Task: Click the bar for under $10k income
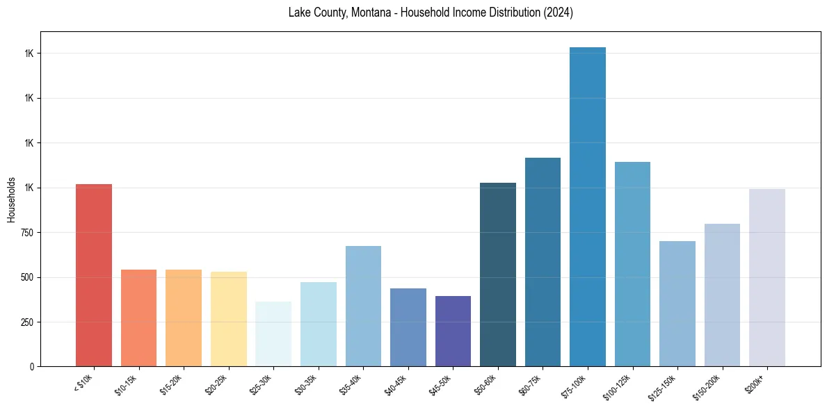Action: (x=94, y=275)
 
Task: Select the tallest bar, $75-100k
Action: (x=588, y=207)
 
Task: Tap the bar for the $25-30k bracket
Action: (x=273, y=334)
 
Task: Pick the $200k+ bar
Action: (x=767, y=278)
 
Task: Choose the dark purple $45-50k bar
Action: (x=453, y=331)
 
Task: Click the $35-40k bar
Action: (x=363, y=306)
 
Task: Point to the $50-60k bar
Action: (x=498, y=274)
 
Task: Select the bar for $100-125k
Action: (x=632, y=264)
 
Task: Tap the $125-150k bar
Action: (x=677, y=304)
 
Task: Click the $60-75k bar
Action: (x=543, y=262)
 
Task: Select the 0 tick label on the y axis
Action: (x=32, y=366)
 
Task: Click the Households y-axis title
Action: (x=11, y=199)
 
